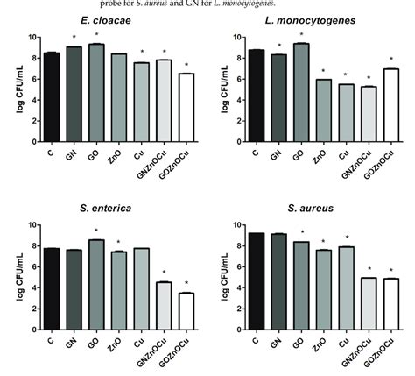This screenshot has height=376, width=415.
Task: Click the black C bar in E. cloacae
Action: [x=52, y=96]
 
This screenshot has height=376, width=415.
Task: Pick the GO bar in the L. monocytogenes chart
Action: [x=300, y=92]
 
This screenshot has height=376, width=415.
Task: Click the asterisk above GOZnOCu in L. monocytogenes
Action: [x=391, y=60]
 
